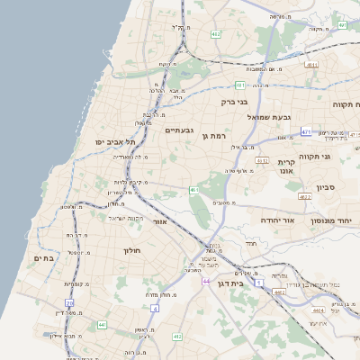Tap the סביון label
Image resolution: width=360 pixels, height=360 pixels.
point(326,189)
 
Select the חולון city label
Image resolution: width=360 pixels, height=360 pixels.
point(134,251)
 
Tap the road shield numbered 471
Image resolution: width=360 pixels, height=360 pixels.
point(306,131)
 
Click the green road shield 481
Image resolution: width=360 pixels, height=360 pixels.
point(240,85)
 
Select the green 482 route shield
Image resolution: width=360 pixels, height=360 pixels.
point(216,34)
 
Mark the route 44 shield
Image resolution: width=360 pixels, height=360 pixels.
point(206,282)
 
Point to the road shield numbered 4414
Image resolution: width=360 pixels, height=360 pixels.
point(318,310)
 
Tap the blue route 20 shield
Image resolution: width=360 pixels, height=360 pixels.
point(155,309)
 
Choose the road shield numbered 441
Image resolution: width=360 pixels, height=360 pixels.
point(102,324)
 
